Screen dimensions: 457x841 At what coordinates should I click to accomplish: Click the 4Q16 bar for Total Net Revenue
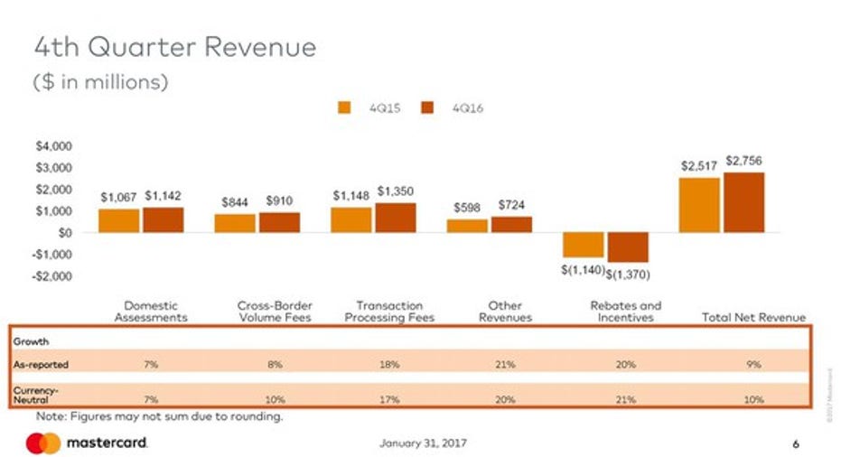[744, 202]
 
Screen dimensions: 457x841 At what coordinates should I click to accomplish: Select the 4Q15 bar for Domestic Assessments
[118, 220]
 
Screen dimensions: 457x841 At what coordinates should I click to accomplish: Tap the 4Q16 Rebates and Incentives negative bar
[628, 247]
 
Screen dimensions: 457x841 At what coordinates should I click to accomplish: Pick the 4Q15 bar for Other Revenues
[467, 225]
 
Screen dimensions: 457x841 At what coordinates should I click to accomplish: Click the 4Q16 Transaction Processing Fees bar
[396, 218]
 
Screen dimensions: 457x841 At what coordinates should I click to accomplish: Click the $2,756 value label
[744, 160]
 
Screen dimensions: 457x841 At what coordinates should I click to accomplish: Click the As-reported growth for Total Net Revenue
[752, 364]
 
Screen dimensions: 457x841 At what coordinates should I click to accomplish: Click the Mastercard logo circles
[42, 443]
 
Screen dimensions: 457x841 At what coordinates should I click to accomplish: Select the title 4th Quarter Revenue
[175, 47]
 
